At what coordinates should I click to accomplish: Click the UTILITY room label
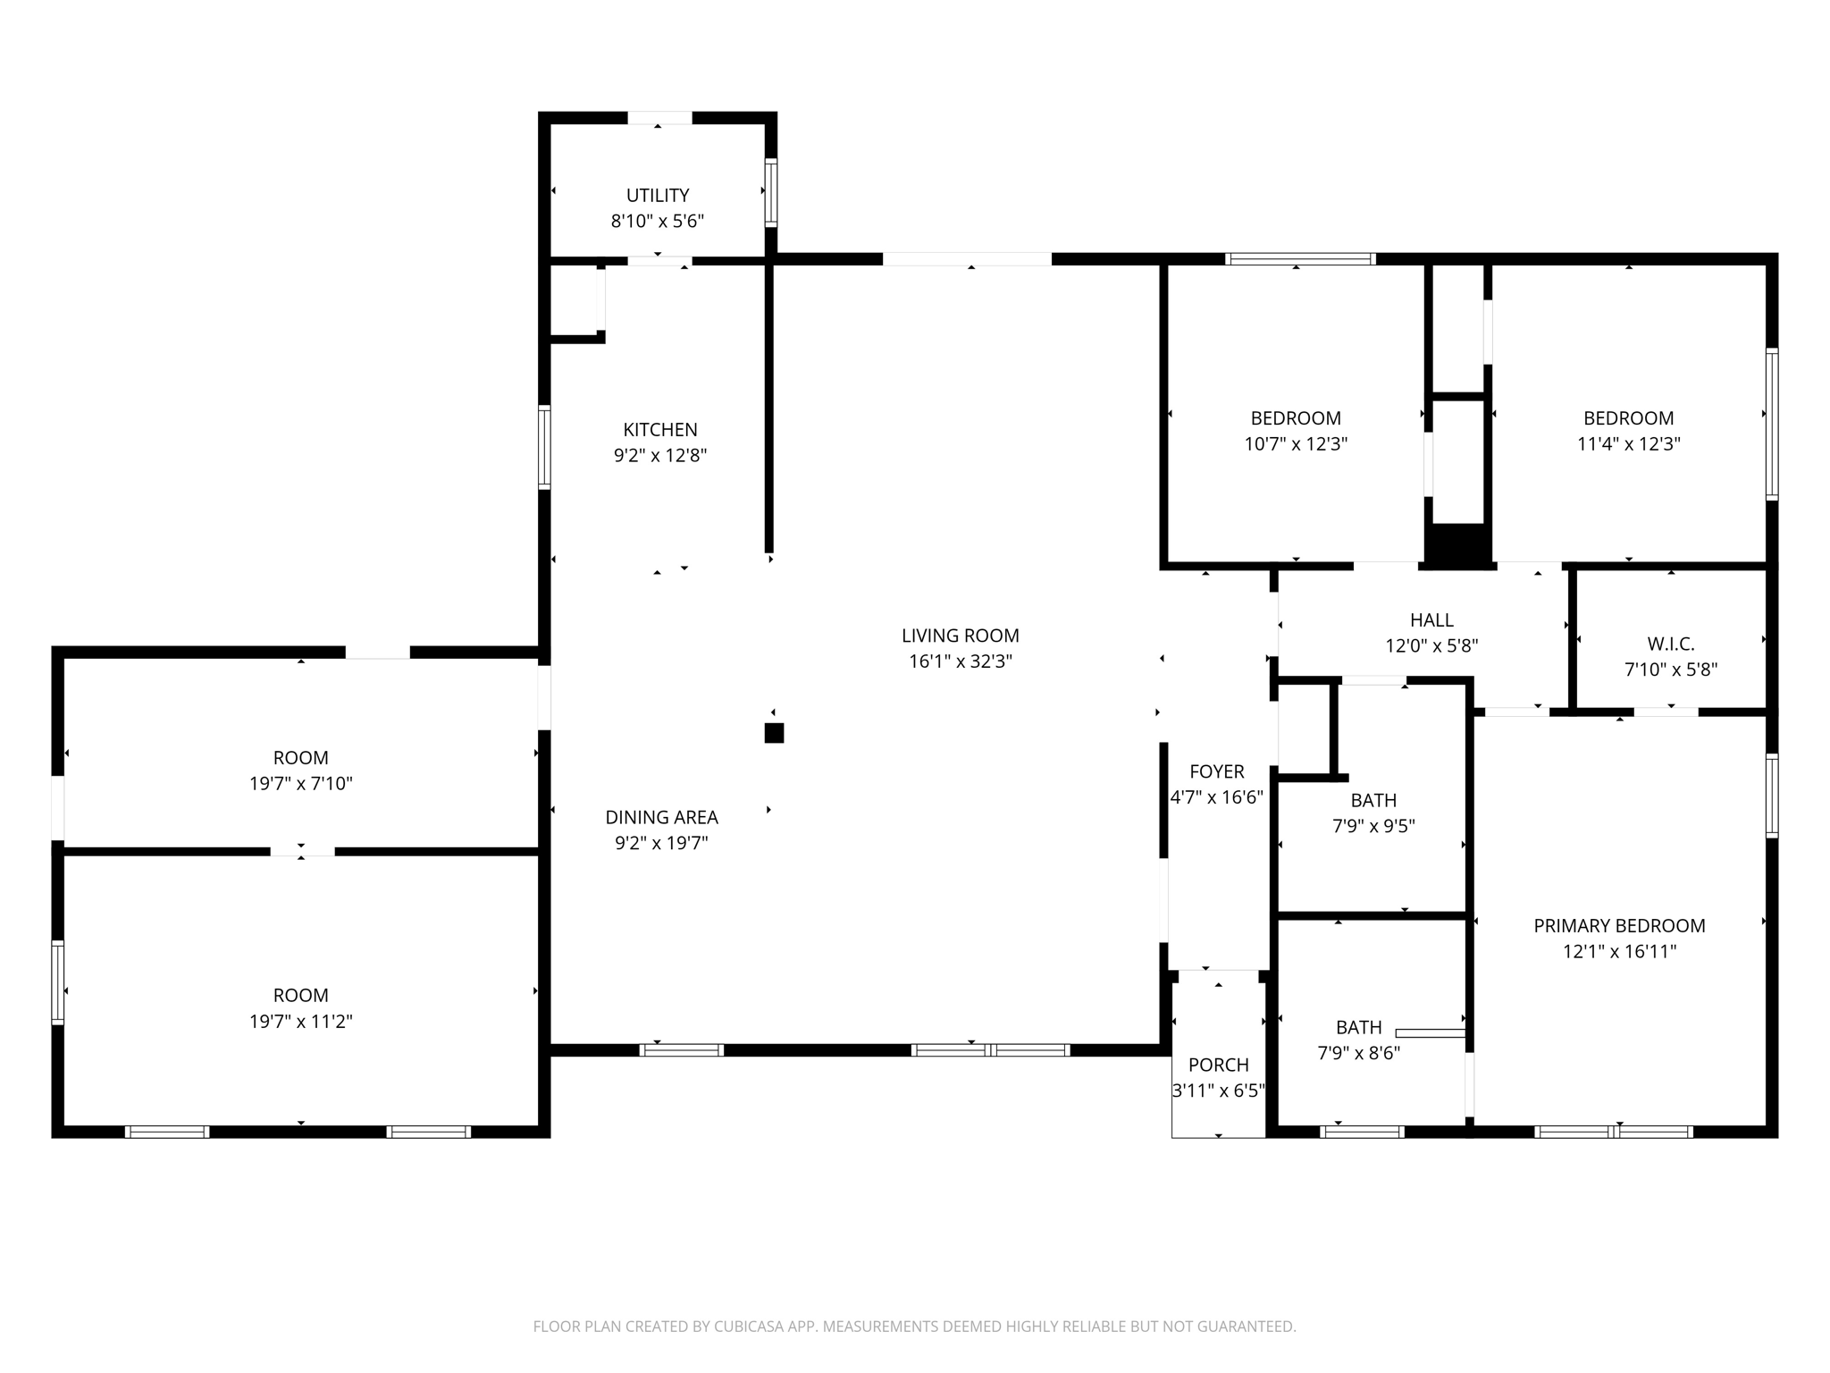(658, 195)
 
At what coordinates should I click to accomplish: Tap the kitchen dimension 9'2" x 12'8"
(659, 456)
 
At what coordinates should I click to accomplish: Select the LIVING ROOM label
(960, 636)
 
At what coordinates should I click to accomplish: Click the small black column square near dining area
(774, 733)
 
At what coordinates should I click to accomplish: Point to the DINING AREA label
(661, 817)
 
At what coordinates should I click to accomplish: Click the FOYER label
(1216, 771)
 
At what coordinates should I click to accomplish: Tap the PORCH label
(1218, 1065)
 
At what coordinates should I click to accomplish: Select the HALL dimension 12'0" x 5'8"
(1431, 645)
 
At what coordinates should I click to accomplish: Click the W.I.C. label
(1670, 644)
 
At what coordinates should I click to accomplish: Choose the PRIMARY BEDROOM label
(1619, 926)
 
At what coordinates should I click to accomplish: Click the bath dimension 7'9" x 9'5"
(1373, 827)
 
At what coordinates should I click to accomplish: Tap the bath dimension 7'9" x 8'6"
(1358, 1054)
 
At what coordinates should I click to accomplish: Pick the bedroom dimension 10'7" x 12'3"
(1296, 444)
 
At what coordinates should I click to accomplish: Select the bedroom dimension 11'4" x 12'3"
(1628, 444)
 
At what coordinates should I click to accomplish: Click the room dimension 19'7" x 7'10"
(300, 784)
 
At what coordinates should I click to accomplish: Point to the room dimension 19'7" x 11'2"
(300, 1022)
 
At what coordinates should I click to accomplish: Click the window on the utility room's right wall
(770, 192)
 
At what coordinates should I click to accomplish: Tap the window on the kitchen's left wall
(544, 447)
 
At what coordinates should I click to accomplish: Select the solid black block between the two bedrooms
(1457, 544)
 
